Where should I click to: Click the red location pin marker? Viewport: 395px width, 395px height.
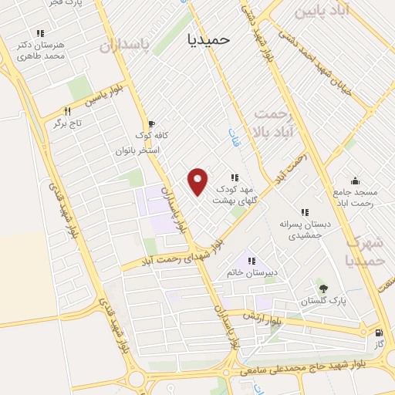198,181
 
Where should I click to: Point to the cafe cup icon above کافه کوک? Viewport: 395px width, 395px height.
150,123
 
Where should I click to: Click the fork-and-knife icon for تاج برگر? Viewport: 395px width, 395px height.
68,111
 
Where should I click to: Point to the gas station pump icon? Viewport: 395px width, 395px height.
377,333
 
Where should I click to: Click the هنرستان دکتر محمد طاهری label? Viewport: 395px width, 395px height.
41,52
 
